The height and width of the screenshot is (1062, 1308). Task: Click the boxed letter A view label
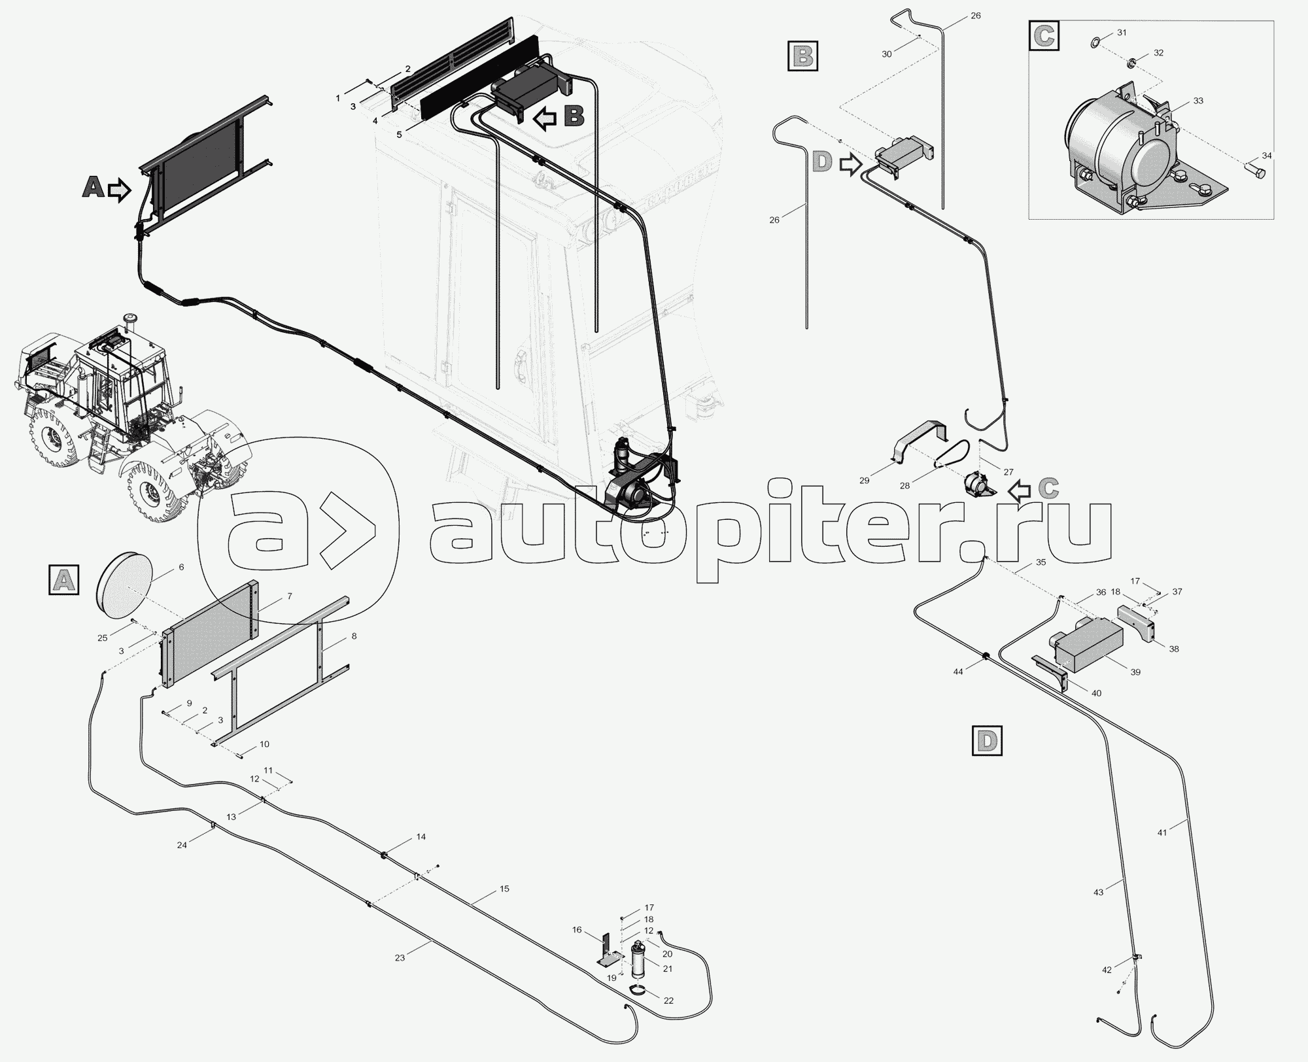[x=63, y=580]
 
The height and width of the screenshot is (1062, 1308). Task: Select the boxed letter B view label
[x=803, y=56]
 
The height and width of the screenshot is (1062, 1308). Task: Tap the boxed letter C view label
[x=1044, y=36]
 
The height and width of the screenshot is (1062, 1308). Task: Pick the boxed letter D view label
[x=987, y=741]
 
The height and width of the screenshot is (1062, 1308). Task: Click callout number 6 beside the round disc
[x=181, y=567]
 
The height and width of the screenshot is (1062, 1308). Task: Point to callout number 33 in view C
[x=1198, y=101]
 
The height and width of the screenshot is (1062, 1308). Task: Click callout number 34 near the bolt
[x=1267, y=156]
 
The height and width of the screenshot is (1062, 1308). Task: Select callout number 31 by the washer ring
[x=1122, y=32]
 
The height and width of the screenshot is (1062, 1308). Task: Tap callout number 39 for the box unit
[x=1135, y=672]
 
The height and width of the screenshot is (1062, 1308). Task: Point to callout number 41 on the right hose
[x=1162, y=832]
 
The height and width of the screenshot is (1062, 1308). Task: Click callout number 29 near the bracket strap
[x=865, y=481]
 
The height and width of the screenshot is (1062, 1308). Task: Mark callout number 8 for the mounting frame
[x=354, y=636]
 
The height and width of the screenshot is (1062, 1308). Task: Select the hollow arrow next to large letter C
[x=1020, y=490]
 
